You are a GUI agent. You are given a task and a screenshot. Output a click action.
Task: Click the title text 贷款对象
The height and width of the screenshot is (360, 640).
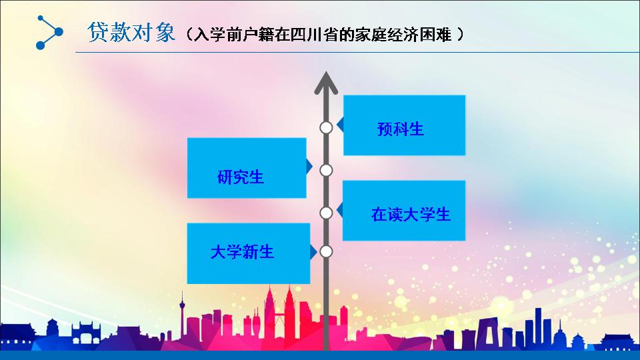tap(131, 32)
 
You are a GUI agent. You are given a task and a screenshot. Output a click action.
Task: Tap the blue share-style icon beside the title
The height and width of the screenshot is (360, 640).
tap(49, 32)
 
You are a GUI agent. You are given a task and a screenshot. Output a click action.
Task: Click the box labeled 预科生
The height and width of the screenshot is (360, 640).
tap(404, 125)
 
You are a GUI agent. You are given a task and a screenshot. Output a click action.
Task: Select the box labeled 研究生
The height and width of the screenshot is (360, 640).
tap(247, 168)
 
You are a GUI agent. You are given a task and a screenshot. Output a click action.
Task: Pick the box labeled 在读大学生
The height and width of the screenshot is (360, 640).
tap(404, 210)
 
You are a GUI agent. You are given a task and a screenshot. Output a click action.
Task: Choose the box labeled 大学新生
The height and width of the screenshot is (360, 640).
tap(248, 253)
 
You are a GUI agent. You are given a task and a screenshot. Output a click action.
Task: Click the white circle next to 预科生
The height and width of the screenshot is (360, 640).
tap(326, 128)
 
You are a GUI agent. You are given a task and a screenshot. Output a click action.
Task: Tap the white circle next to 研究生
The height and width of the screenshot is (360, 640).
tap(326, 170)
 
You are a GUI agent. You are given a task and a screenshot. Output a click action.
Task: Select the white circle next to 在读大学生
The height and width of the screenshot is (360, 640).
tap(326, 213)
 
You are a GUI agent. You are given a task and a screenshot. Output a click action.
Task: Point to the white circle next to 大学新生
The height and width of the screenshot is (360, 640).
tap(326, 251)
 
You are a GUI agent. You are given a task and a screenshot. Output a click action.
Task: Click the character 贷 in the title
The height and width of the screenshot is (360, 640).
tap(97, 32)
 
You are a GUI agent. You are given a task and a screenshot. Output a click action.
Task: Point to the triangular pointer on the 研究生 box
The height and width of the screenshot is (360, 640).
tap(309, 166)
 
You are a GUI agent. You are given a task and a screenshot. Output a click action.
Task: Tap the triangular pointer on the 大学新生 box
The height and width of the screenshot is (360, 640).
tap(313, 252)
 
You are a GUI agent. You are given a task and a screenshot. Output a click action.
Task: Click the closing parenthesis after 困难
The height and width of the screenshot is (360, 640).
tap(461, 34)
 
